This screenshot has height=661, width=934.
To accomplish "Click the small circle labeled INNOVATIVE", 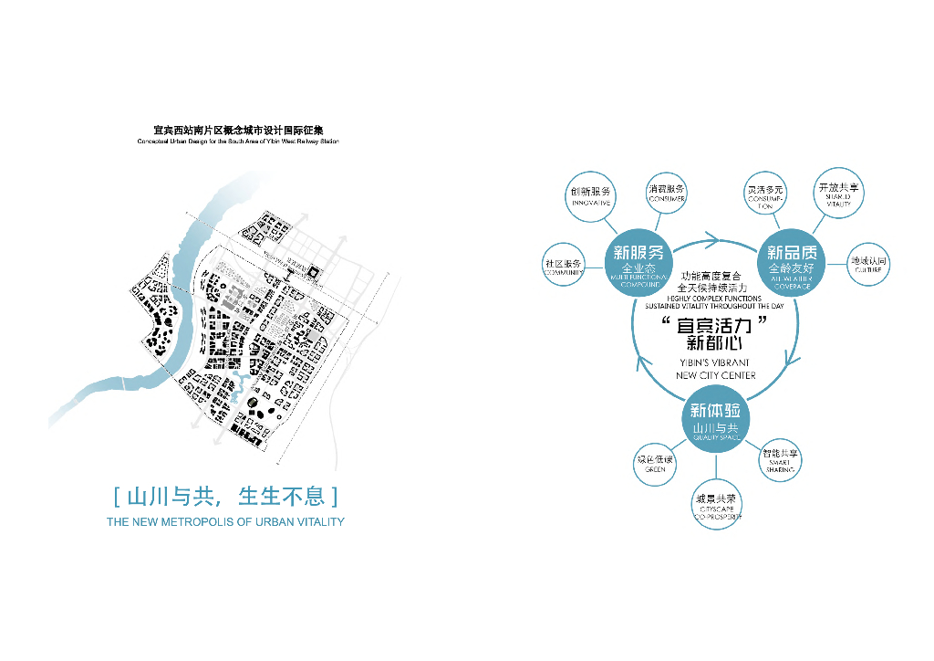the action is [590, 195].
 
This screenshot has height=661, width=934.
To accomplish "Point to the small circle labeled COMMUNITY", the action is [564, 266].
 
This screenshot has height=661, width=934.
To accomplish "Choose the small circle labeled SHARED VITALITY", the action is [837, 193].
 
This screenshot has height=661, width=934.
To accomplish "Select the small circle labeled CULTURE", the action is [867, 265].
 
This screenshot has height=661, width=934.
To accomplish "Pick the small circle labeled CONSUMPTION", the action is [765, 194].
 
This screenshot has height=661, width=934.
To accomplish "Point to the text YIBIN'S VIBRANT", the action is [717, 362].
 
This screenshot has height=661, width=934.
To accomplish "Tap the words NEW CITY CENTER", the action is [717, 375].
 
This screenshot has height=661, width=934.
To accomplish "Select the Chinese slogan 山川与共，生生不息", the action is [225, 497].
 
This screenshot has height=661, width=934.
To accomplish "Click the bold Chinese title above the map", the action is [238, 131].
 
